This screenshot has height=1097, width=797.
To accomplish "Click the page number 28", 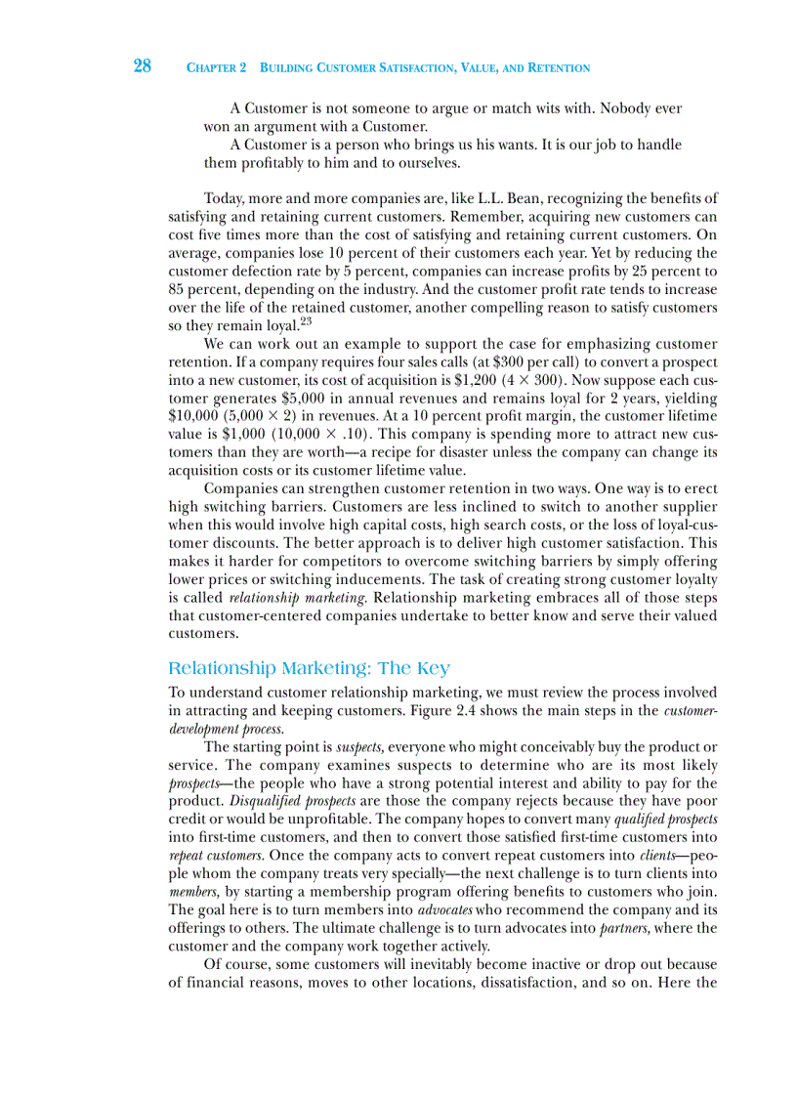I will click(142, 66).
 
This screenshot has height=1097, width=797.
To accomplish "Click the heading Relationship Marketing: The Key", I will click(309, 669).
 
